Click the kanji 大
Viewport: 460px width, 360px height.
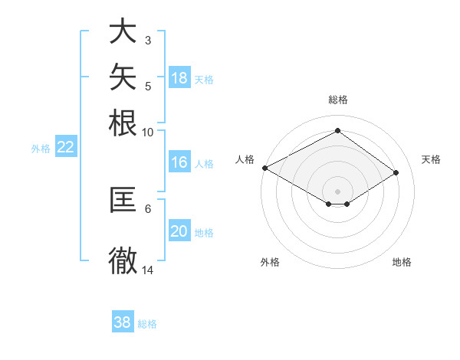123,31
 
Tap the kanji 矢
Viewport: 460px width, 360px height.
123,77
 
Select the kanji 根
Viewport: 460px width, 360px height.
123,123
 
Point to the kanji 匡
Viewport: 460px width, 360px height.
123,199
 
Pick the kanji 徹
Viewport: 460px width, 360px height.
123,260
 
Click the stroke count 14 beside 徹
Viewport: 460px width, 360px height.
147,270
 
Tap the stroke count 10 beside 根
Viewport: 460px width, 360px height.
147,133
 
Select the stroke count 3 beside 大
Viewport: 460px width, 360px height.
148,41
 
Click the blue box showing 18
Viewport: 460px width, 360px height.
179,77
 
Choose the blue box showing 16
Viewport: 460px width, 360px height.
179,162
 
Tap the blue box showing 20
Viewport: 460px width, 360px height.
179,230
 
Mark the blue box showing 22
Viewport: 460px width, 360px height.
66,146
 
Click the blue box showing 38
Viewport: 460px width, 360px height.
123,321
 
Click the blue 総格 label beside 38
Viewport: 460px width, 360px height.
147,324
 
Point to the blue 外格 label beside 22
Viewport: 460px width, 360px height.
41,149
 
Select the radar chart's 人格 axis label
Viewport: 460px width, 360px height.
245,159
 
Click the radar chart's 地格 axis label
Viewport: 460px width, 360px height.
402,262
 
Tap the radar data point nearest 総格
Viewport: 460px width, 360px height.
337,130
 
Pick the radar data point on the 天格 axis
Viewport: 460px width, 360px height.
396,172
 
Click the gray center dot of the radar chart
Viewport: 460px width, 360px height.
337,191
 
